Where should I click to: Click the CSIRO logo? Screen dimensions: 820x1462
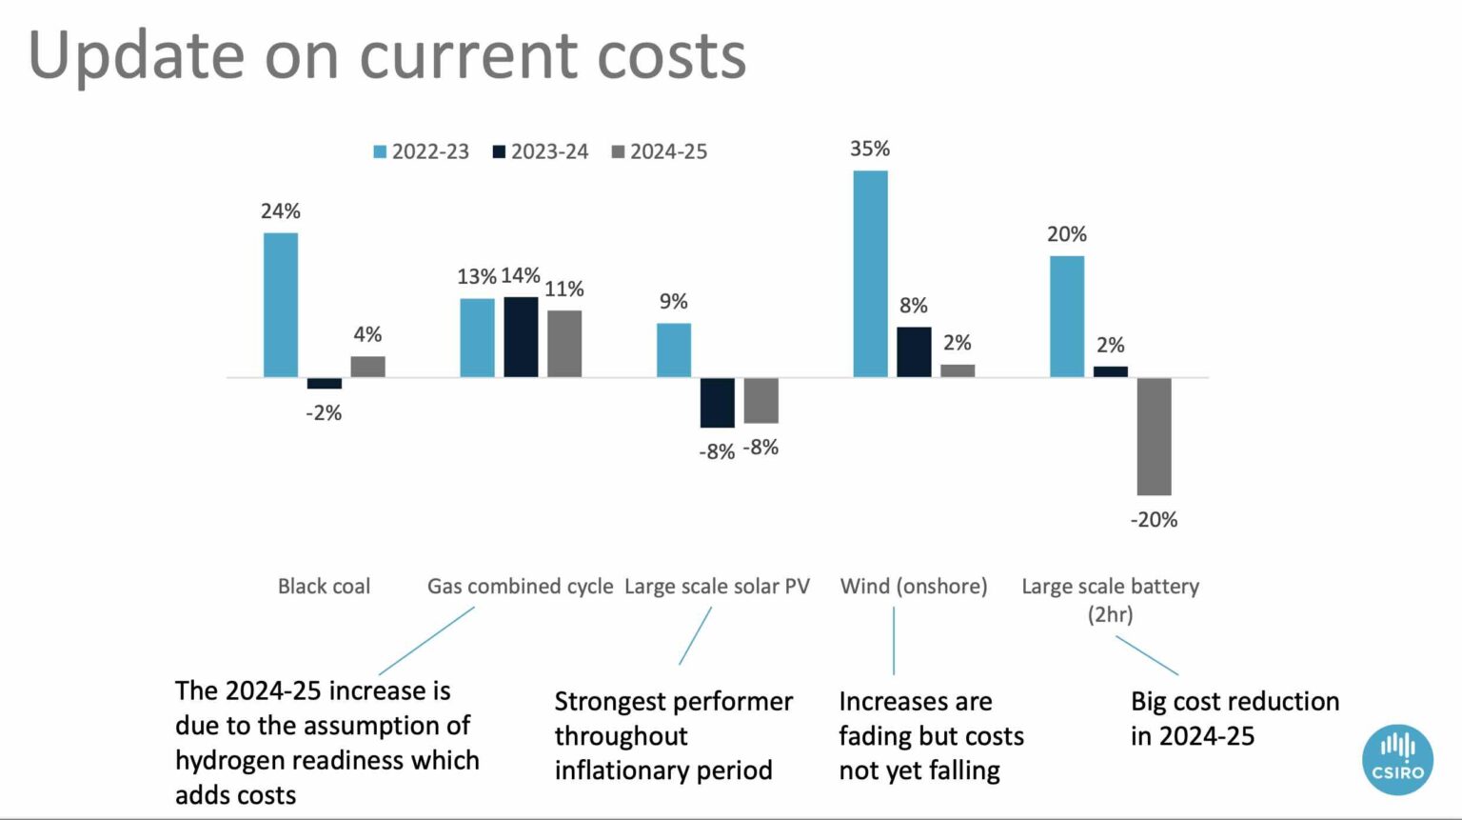(1397, 759)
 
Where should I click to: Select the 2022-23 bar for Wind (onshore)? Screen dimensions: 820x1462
(870, 274)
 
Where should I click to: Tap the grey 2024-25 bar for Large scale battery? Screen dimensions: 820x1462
(1154, 436)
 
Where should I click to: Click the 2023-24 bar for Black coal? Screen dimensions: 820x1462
(324, 383)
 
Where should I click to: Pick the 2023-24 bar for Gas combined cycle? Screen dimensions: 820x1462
(521, 337)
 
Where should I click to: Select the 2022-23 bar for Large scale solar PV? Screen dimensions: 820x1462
(674, 350)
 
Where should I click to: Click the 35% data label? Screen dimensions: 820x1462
(870, 149)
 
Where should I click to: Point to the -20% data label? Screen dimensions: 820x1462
(1154, 520)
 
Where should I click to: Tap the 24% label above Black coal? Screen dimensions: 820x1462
(281, 211)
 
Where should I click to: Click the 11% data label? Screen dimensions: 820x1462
(564, 289)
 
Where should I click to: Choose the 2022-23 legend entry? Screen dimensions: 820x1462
(421, 151)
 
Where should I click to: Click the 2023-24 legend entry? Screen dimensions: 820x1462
(540, 151)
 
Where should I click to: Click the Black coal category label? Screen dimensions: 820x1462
(324, 587)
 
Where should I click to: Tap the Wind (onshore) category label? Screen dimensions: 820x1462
(914, 587)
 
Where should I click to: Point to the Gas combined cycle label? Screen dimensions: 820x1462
(520, 587)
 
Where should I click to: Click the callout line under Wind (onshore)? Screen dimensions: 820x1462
(894, 641)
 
